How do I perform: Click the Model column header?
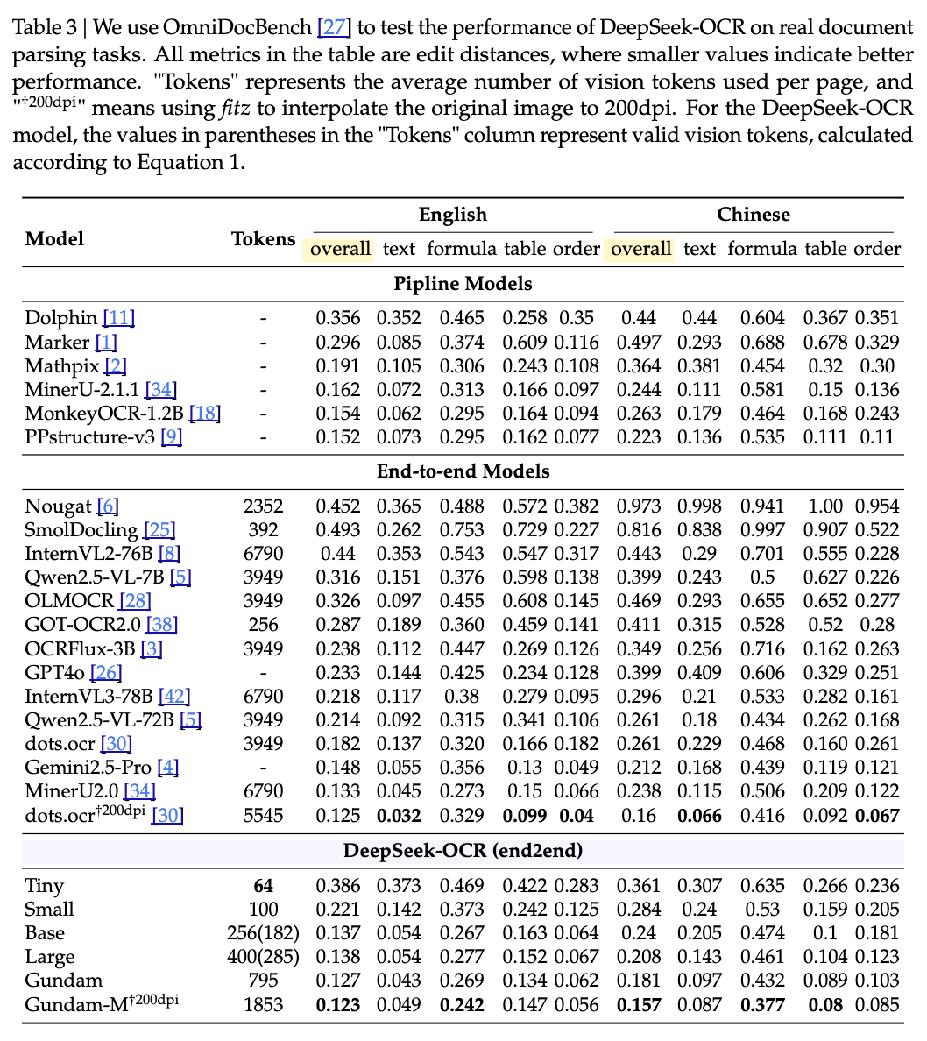click(54, 240)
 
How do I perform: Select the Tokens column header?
click(263, 240)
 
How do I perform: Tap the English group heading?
click(452, 215)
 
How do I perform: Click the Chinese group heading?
click(753, 215)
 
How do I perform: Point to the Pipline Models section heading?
click(463, 284)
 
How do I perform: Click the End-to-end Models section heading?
click(463, 471)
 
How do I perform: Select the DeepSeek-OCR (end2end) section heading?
click(463, 851)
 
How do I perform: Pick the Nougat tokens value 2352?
click(263, 506)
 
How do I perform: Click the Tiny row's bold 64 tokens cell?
click(263, 886)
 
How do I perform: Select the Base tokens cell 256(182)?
click(263, 933)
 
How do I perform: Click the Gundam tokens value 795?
click(263, 981)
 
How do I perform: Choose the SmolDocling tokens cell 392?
click(263, 530)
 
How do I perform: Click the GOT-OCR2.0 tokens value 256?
click(263, 625)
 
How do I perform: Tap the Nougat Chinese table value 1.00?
click(824, 506)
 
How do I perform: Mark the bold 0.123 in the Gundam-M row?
click(337, 1004)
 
